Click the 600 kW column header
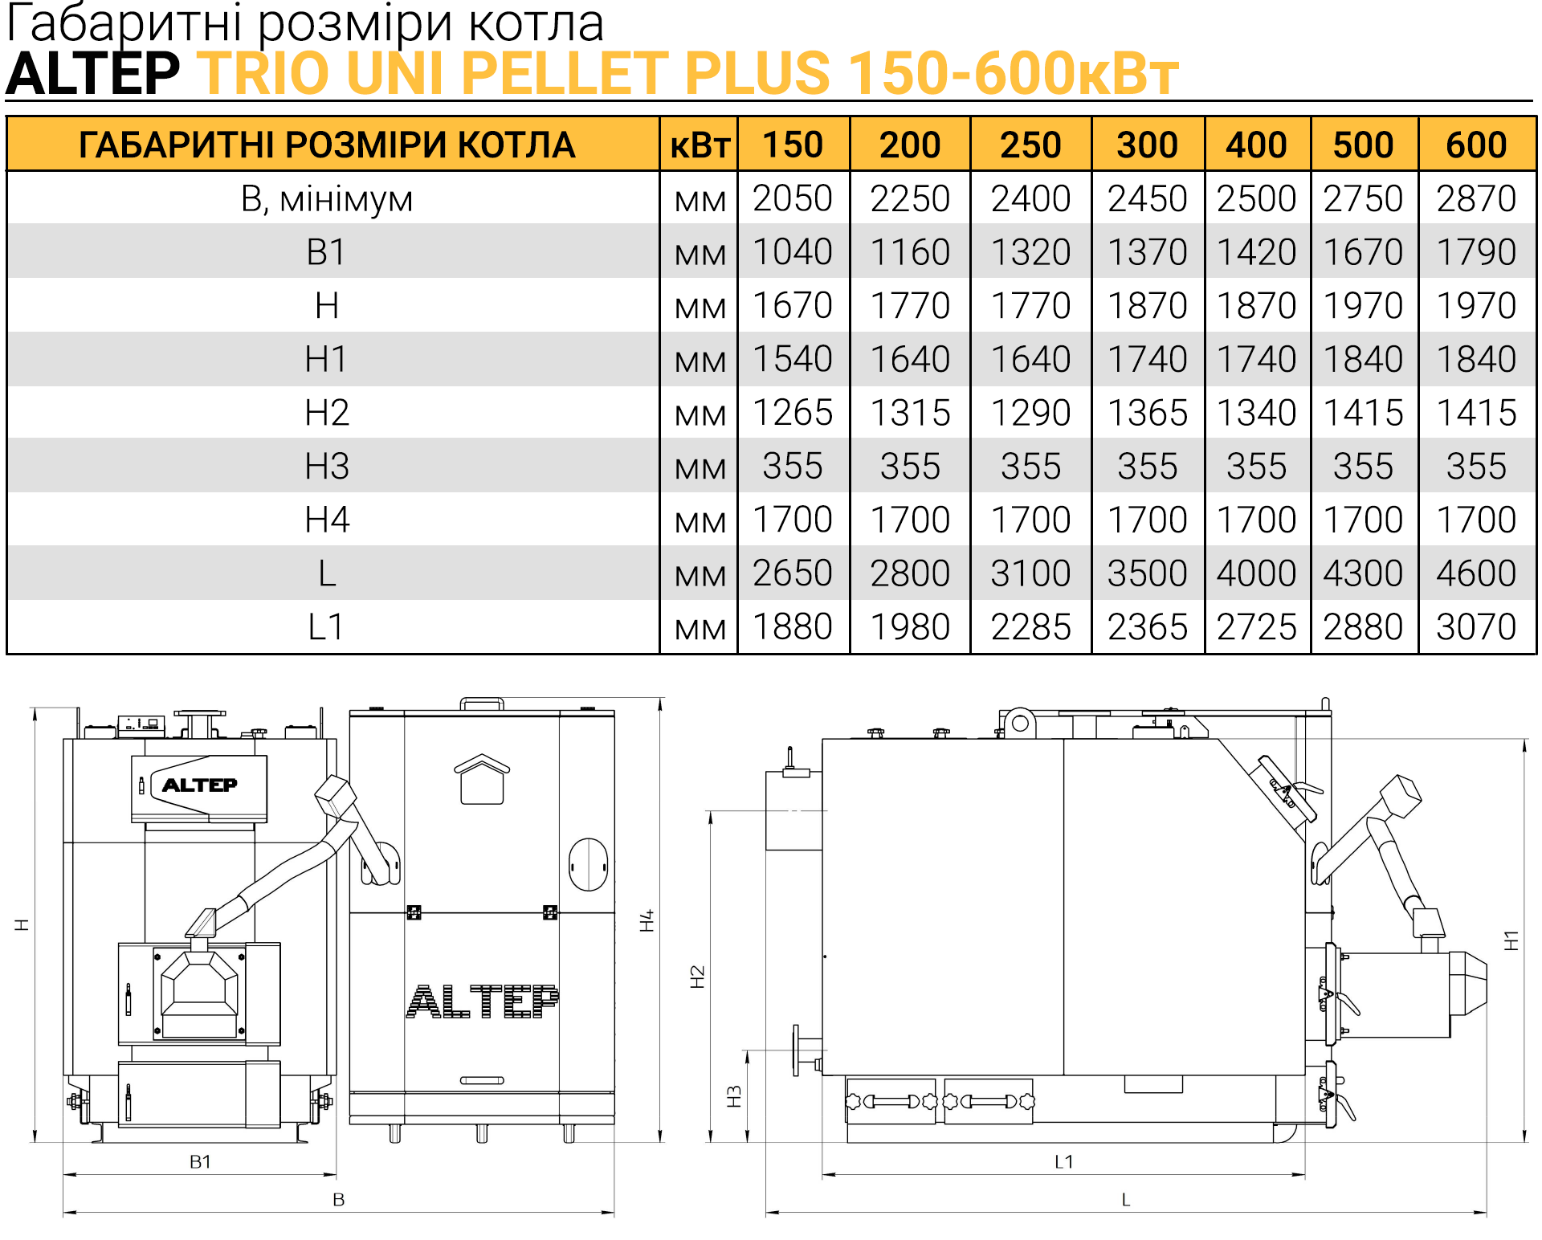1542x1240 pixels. (1476, 145)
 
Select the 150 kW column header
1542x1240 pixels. (793, 145)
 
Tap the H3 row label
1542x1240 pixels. (327, 466)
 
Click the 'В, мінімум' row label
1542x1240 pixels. (327, 199)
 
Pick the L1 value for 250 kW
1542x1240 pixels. (1030, 626)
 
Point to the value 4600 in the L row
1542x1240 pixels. (1476, 573)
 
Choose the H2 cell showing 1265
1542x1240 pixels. (793, 413)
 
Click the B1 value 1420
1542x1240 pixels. (1256, 252)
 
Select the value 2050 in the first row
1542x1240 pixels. (793, 198)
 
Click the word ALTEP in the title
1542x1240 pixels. (93, 73)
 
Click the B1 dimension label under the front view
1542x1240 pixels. (200, 1161)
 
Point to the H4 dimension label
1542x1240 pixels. (647, 921)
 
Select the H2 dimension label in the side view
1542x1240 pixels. (697, 977)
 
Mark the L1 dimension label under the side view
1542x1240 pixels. (1063, 1161)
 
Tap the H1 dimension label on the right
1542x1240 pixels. (1511, 940)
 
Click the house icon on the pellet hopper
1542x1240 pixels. (482, 779)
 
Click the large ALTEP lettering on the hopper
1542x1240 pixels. (482, 1001)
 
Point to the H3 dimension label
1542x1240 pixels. (733, 1097)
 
